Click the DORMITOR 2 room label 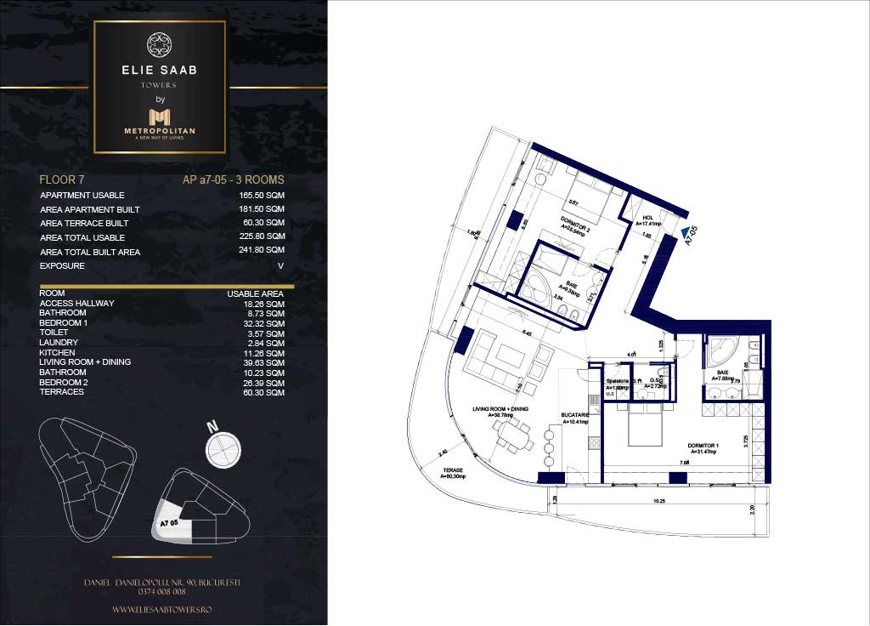pyautogui.click(x=575, y=223)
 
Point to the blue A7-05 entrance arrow pyautogui.click(x=686, y=230)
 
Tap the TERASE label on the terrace pyautogui.click(x=452, y=473)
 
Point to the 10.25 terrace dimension pyautogui.click(x=658, y=501)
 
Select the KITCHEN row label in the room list pyautogui.click(x=57, y=353)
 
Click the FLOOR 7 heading pyautogui.click(x=62, y=180)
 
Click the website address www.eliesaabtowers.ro pyautogui.click(x=163, y=610)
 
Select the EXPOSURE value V pyautogui.click(x=280, y=266)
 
